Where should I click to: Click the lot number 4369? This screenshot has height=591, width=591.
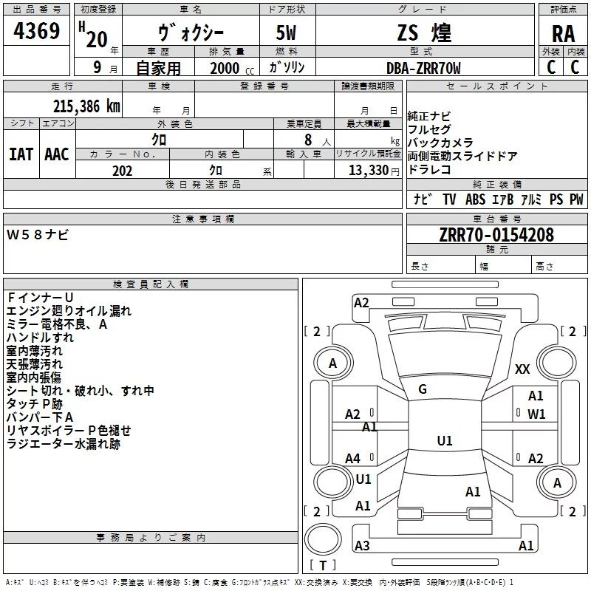pyautogui.click(x=37, y=32)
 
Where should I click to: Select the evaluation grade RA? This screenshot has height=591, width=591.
pyautogui.click(x=563, y=33)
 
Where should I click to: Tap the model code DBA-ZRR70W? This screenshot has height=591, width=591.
pyautogui.click(x=424, y=68)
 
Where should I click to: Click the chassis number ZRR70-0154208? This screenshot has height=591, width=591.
pyautogui.click(x=496, y=236)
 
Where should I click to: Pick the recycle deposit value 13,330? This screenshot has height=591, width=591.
pyautogui.click(x=368, y=171)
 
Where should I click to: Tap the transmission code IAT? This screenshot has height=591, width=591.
pyautogui.click(x=21, y=154)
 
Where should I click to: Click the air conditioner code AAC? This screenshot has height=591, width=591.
pyautogui.click(x=57, y=154)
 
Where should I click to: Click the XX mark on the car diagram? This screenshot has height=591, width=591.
pyautogui.click(x=522, y=369)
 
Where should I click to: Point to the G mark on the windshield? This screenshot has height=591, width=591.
pyautogui.click(x=423, y=389)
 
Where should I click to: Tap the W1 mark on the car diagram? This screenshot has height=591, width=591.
pyautogui.click(x=536, y=414)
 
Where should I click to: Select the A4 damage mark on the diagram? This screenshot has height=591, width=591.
pyautogui.click(x=353, y=459)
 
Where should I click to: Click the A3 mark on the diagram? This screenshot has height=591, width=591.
pyautogui.click(x=362, y=546)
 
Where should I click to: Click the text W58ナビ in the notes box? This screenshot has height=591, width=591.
pyautogui.click(x=38, y=234)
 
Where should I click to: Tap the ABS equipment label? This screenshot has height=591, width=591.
pyautogui.click(x=476, y=199)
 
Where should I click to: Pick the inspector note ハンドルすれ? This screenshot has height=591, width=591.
pyautogui.click(x=40, y=338)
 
